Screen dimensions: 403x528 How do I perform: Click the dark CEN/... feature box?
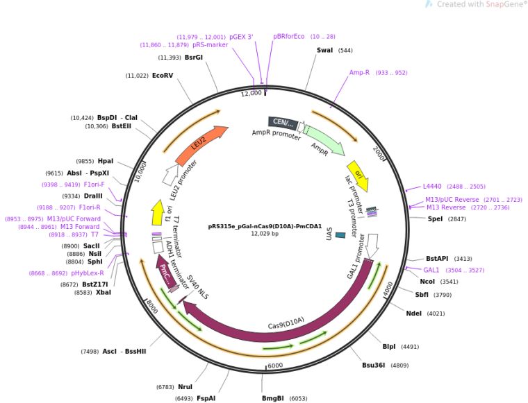283,123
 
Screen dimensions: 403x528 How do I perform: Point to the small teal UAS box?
340,235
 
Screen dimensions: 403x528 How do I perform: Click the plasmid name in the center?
264,225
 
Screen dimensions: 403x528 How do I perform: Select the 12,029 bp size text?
264,234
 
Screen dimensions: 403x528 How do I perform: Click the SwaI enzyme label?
324,51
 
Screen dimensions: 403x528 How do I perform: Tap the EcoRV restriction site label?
163,76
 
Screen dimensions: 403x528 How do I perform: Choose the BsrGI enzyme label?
194,58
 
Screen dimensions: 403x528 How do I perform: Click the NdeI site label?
414,313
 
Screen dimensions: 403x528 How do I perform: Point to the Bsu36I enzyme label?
373,365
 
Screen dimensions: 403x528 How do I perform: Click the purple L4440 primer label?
433,186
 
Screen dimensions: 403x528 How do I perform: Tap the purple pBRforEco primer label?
289,36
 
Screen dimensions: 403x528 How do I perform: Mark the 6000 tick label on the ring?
276,366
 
